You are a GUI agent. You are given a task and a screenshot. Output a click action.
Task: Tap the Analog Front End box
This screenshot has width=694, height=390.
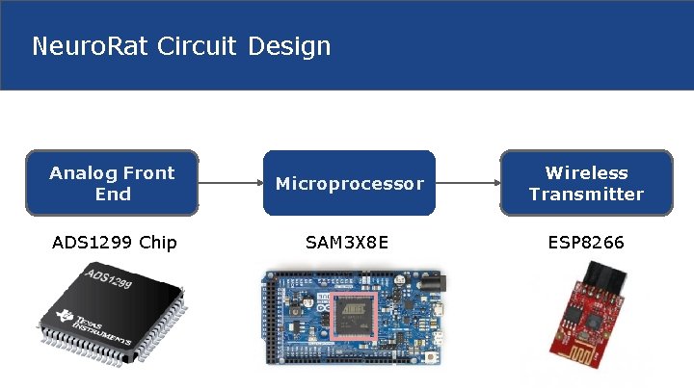tap(112, 182)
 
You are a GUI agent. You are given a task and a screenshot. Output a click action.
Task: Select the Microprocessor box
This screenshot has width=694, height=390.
tap(349, 182)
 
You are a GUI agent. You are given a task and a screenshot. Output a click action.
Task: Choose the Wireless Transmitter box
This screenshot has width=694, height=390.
tap(585, 182)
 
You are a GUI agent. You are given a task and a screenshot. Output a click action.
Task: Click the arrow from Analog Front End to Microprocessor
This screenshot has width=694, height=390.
tap(230, 181)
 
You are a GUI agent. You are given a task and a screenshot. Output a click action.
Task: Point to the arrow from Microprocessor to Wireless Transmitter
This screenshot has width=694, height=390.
tap(467, 181)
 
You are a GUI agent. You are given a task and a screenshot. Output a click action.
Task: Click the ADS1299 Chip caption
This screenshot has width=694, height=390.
tap(114, 242)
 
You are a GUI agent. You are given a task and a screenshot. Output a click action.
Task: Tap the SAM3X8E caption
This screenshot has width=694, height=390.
tap(347, 242)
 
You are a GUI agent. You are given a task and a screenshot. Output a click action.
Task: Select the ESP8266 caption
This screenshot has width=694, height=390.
tap(585, 242)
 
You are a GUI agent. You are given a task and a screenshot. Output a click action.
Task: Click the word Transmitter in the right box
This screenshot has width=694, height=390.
tap(585, 194)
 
